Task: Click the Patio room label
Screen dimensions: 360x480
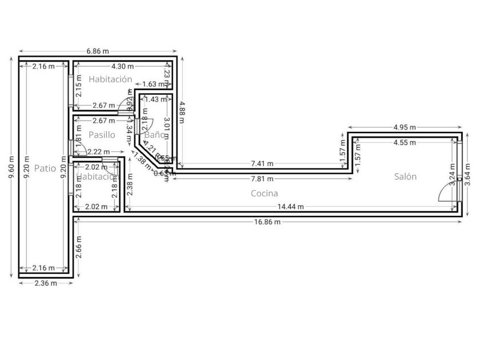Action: click(x=45, y=168)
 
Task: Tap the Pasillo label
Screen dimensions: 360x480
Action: click(x=102, y=135)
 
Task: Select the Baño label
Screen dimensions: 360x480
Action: click(x=155, y=135)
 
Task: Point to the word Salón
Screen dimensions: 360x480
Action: click(x=405, y=177)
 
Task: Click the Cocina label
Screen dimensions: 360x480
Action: click(x=265, y=194)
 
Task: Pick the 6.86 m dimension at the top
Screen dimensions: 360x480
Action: click(x=98, y=51)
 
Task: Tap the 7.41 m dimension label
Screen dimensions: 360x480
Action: click(x=262, y=164)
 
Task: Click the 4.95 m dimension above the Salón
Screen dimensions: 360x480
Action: click(x=405, y=127)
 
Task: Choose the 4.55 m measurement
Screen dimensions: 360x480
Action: click(x=405, y=142)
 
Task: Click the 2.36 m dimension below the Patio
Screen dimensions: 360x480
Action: click(x=46, y=283)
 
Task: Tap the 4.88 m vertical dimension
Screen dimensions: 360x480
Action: click(x=182, y=109)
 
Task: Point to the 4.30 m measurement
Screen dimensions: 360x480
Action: click(x=122, y=66)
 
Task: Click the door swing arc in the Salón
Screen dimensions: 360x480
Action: click(x=446, y=194)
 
